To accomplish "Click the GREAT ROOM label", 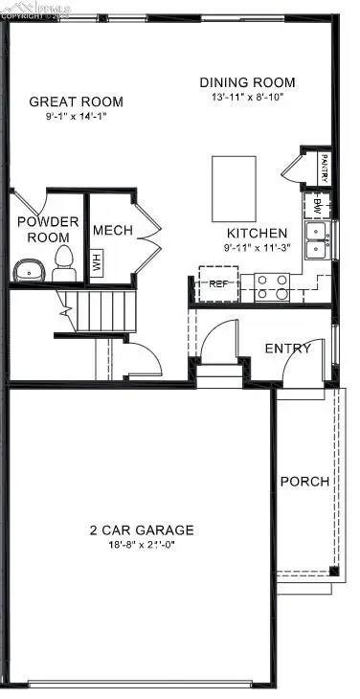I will point(77,101).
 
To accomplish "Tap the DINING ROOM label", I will point(247,82).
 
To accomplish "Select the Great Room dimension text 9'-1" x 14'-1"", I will point(77,117).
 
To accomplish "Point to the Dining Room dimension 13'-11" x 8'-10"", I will point(247,98).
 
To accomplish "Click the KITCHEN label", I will point(256,233).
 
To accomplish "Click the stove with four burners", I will point(272,286).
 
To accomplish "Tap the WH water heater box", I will point(96,261).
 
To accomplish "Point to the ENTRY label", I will point(287,348).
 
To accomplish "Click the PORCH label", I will point(304,481).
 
